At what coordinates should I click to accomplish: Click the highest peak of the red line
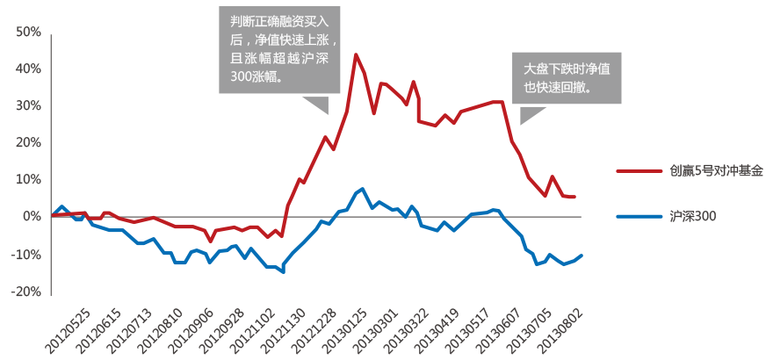[356, 54]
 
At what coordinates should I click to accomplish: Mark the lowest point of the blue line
[283, 272]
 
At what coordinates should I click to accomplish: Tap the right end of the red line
[574, 197]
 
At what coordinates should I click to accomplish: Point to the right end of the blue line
[582, 255]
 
